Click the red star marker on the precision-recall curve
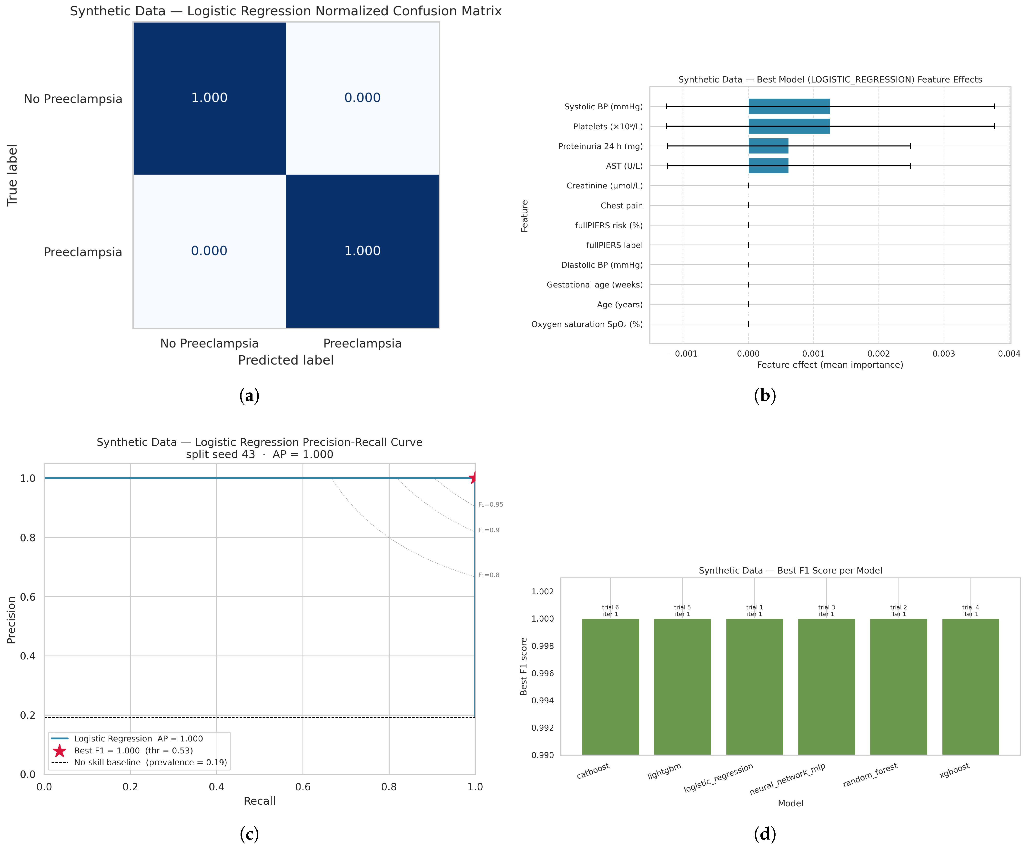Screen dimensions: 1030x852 tap(473, 478)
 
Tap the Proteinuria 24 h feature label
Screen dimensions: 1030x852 tap(600, 146)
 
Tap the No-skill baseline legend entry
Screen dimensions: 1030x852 tap(139, 762)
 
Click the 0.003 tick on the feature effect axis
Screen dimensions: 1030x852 tap(944, 354)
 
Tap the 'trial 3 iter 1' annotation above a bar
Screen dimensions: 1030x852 tap(827, 611)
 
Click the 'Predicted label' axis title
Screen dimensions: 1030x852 tap(286, 360)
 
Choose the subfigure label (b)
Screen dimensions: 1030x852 tap(765, 396)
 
